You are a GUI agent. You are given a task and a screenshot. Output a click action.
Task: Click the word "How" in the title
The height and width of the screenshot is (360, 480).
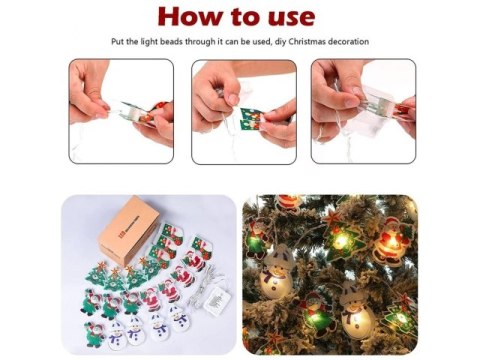pyautogui.click(x=190, y=17)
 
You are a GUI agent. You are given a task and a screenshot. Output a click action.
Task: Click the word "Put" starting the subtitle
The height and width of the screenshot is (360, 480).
pyautogui.click(x=118, y=42)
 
